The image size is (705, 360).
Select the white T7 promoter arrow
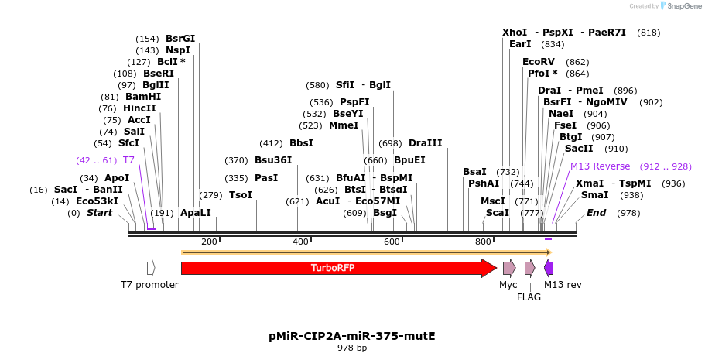(151, 268)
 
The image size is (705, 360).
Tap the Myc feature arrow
(509, 268)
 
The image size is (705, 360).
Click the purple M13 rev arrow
(549, 268)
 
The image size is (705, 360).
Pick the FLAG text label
(529, 297)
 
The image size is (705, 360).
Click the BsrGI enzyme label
(180, 39)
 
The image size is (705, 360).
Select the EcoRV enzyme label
(539, 62)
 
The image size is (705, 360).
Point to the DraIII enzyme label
(426, 143)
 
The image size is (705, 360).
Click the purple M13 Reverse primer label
(601, 166)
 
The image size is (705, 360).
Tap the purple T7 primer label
(129, 160)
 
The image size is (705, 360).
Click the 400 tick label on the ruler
(300, 242)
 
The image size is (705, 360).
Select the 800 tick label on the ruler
(483, 242)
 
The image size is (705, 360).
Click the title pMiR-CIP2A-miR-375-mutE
(352, 336)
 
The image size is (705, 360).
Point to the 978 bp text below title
(352, 348)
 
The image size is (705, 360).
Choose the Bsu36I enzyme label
(273, 160)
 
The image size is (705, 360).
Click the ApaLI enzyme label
(195, 212)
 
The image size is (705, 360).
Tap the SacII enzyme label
(579, 148)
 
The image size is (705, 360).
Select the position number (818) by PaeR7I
(649, 33)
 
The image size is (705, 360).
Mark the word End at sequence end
(596, 212)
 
